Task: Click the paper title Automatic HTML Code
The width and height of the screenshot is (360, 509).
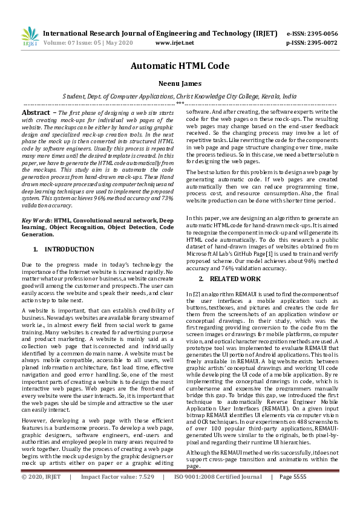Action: pos(180,68)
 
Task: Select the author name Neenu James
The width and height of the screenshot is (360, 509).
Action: pos(180,85)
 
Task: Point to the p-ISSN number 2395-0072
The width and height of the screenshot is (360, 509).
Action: pos(321,43)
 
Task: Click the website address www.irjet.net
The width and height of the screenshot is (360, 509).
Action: pos(174,43)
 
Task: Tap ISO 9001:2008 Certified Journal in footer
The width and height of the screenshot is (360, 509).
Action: pos(218,494)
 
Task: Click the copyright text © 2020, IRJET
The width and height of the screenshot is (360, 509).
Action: pos(41,494)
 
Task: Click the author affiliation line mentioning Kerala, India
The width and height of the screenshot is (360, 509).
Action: pos(180,96)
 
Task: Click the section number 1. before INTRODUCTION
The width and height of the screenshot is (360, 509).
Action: pos(36,249)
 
